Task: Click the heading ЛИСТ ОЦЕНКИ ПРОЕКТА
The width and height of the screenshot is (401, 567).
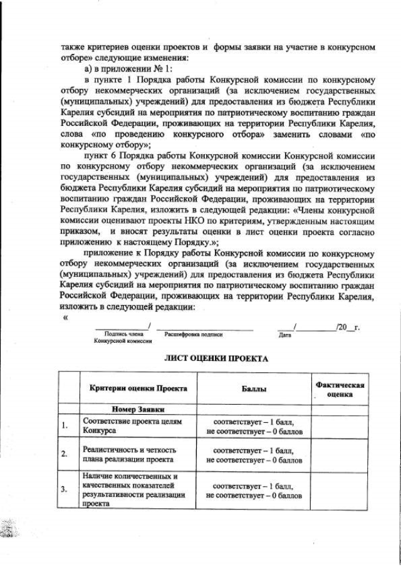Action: [x=216, y=359]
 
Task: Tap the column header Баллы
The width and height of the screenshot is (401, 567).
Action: [x=254, y=389]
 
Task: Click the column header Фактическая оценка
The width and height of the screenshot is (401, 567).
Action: [x=339, y=389]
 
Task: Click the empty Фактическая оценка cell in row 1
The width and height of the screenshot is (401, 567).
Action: [x=339, y=427]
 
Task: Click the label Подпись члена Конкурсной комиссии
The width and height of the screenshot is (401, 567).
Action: [x=123, y=338]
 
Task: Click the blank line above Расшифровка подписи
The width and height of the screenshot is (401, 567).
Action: [x=205, y=327]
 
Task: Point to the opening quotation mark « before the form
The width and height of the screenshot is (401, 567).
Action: [x=65, y=316]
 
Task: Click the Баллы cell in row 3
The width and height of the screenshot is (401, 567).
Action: [x=254, y=490]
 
